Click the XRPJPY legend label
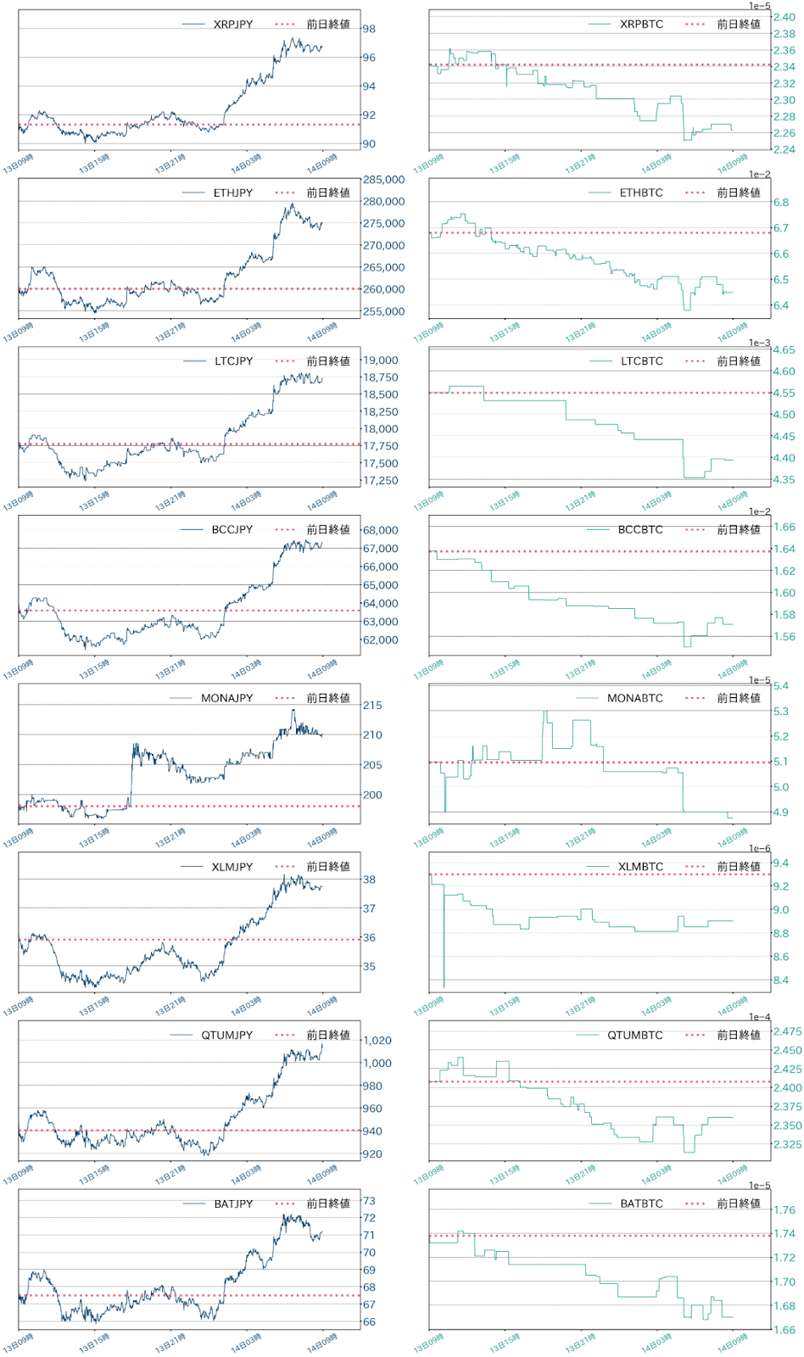pyautogui.click(x=232, y=25)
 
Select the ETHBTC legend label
pyautogui.click(x=641, y=193)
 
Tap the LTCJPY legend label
pyautogui.click(x=233, y=361)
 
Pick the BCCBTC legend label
pyautogui.click(x=640, y=529)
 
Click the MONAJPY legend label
pyautogui.click(x=226, y=698)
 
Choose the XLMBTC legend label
pyautogui.click(x=640, y=867)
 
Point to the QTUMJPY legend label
pyautogui.click(x=226, y=1035)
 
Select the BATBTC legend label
pyautogui.click(x=641, y=1203)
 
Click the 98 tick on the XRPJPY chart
pyautogui.click(x=369, y=29)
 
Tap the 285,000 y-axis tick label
pyautogui.click(x=383, y=180)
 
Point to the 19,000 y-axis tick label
pyautogui.click(x=381, y=360)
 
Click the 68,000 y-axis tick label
pyautogui.click(x=381, y=530)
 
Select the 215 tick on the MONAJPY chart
pyautogui.click(x=372, y=705)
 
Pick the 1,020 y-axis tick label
pyautogui.click(x=377, y=1041)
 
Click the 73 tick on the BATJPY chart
pyautogui.click(x=369, y=1201)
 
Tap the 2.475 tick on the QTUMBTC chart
pyautogui.click(x=787, y=1031)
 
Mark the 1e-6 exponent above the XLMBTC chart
pyautogui.click(x=759, y=848)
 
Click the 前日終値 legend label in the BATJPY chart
pyautogui.click(x=328, y=1203)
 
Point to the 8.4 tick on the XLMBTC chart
pyautogui.click(x=781, y=980)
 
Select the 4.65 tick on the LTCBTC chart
pyautogui.click(x=784, y=349)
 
